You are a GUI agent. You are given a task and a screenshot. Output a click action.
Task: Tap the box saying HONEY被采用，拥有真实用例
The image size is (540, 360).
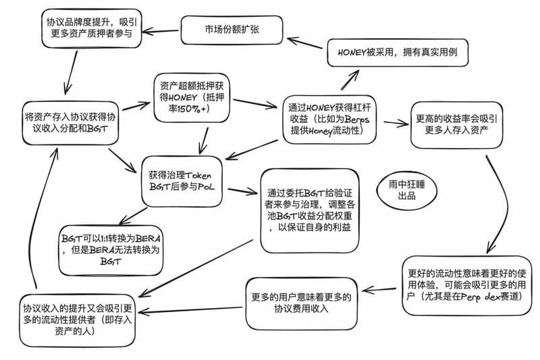click(397, 52)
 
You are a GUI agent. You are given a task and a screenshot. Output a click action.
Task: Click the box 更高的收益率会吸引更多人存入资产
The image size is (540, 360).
click(457, 124)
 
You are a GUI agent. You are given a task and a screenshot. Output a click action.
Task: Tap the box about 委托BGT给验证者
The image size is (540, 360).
click(308, 209)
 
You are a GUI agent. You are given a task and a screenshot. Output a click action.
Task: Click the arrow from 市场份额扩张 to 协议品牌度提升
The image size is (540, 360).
click(162, 30)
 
